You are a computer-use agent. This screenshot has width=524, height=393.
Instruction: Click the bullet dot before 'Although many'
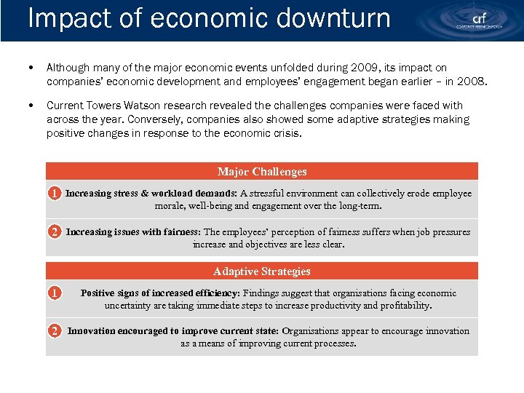click(28, 68)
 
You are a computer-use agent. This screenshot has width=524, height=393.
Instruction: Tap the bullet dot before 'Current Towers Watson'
click(28, 106)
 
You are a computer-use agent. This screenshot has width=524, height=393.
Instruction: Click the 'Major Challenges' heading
click(262, 172)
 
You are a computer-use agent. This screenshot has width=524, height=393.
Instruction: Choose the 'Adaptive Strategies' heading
click(262, 271)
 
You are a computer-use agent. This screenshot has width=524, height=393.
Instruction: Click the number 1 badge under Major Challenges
click(54, 194)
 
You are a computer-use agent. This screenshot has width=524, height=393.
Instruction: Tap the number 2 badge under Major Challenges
click(54, 232)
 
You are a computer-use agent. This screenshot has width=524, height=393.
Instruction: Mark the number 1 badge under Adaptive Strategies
click(54, 293)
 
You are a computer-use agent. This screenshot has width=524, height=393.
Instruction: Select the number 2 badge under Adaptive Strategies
click(54, 331)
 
